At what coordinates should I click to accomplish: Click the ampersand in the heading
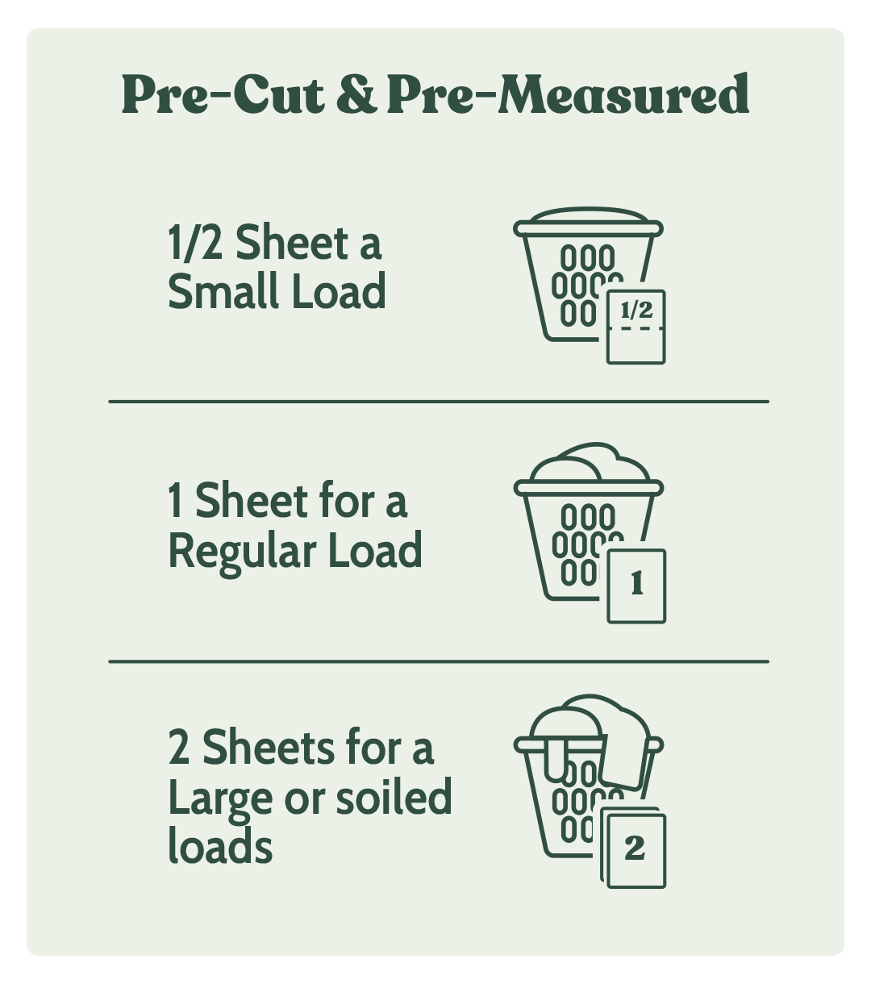356,94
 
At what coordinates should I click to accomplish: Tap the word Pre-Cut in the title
223,94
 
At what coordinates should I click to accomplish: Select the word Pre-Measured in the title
569,94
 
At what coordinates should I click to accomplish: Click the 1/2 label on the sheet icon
636,310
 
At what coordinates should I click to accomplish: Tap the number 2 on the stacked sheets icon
635,848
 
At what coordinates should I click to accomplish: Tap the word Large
220,802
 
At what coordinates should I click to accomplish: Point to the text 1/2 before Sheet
195,242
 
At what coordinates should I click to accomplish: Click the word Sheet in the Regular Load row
251,500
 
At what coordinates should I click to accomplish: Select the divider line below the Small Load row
439,402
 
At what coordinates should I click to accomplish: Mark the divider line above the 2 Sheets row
439,661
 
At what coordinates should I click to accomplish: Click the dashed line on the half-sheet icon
636,329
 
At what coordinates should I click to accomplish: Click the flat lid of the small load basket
588,215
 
